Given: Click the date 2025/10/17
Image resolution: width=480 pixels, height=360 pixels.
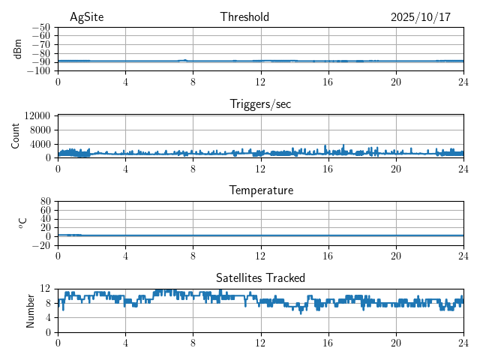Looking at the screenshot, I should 420,17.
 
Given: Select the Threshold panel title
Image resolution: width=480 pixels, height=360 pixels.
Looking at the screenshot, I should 244,17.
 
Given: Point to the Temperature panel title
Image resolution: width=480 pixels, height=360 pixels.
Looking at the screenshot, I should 260,190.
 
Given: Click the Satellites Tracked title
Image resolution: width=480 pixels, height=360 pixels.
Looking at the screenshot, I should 260,277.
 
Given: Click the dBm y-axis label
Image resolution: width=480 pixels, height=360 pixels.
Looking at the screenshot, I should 18,49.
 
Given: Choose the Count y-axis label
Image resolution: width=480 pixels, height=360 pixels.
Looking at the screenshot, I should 16,136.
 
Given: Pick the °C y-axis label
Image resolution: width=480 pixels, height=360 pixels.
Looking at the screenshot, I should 22,223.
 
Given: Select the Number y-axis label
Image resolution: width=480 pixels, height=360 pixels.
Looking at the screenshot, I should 31,310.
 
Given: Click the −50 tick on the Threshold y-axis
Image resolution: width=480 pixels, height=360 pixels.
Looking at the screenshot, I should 40,27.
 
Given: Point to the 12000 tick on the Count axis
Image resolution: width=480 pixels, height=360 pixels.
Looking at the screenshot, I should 37,116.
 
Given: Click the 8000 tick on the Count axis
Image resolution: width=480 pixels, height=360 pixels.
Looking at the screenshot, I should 39,130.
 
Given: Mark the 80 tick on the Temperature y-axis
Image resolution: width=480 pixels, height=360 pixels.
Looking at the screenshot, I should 45,202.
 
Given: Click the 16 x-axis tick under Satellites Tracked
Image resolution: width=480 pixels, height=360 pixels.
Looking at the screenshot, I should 328,343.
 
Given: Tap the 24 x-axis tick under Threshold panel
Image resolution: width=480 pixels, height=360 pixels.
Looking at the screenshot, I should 463,82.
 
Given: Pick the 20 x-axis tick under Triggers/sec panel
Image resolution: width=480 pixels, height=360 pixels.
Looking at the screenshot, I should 395,169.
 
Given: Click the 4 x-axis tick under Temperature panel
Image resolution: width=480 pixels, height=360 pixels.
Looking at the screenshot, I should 125,256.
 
